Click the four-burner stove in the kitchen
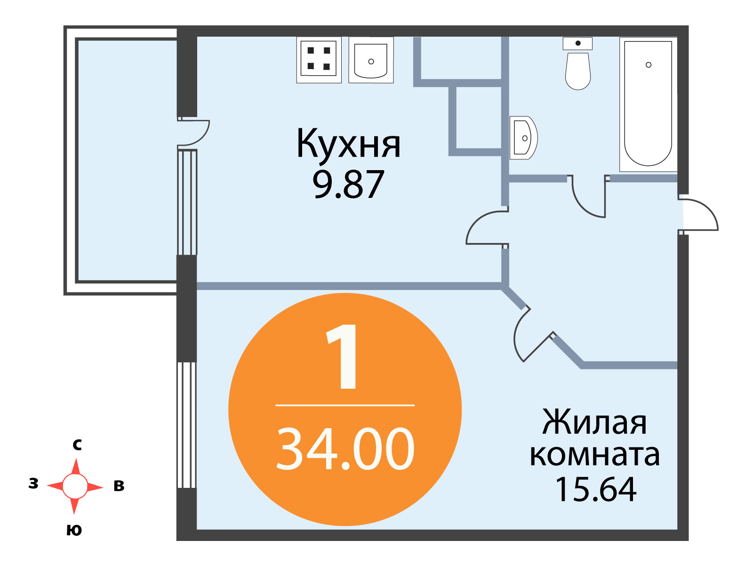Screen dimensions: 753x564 click(319, 60)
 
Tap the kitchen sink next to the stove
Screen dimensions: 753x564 click(371, 60)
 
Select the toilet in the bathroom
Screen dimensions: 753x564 click(578, 63)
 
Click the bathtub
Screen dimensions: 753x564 click(648, 104)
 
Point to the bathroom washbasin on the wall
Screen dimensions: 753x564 click(523, 138)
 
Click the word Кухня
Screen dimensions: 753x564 click(348, 143)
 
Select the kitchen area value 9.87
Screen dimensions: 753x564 click(348, 185)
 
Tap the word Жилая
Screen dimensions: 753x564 click(594, 422)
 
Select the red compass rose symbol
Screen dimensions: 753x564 click(75, 486)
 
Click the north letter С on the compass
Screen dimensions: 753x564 click(77, 445)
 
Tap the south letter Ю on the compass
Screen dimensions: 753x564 click(74, 531)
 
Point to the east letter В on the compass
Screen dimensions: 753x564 click(119, 486)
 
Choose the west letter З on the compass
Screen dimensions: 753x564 click(33, 484)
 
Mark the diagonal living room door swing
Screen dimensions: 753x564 click(515, 337)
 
